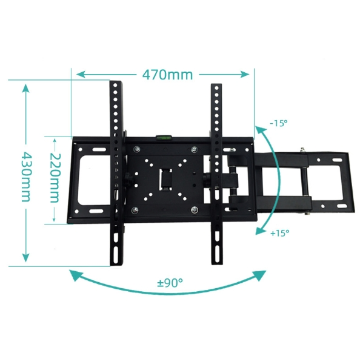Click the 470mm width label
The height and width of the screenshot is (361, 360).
pyautogui.click(x=167, y=75)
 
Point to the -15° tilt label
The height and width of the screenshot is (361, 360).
pyautogui.click(x=278, y=123)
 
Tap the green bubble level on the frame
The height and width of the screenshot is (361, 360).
pyautogui.click(x=163, y=138)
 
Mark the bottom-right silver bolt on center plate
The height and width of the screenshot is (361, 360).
pyautogui.click(x=193, y=210)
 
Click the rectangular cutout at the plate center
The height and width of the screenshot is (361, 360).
pyautogui.click(x=165, y=180)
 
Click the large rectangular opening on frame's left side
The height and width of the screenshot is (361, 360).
pyautogui.click(x=91, y=180)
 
